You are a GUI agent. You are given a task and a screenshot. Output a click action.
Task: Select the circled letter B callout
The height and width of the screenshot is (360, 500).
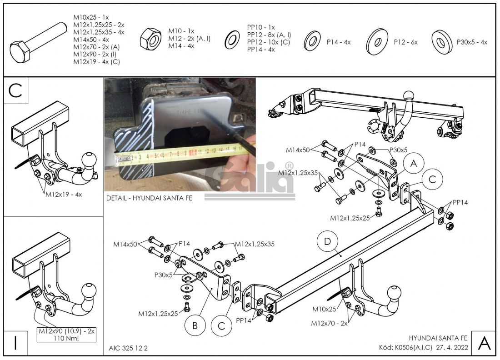click(195, 325)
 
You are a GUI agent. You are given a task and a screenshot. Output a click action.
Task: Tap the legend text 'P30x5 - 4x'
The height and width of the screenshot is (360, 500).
click(472, 42)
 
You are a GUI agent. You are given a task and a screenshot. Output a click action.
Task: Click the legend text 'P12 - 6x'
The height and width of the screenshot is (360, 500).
click(406, 42)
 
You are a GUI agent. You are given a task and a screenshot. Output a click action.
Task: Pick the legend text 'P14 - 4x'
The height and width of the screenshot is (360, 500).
click(339, 42)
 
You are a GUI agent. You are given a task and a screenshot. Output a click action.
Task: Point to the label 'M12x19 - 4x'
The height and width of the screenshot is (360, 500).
click(64, 194)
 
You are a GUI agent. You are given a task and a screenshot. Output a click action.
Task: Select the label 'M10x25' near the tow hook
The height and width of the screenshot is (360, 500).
click(325, 310)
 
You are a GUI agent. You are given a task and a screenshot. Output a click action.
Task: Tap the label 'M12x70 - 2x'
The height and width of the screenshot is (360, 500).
click(329, 323)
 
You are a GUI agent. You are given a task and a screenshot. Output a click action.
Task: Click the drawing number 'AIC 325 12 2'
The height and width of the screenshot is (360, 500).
click(128, 348)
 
